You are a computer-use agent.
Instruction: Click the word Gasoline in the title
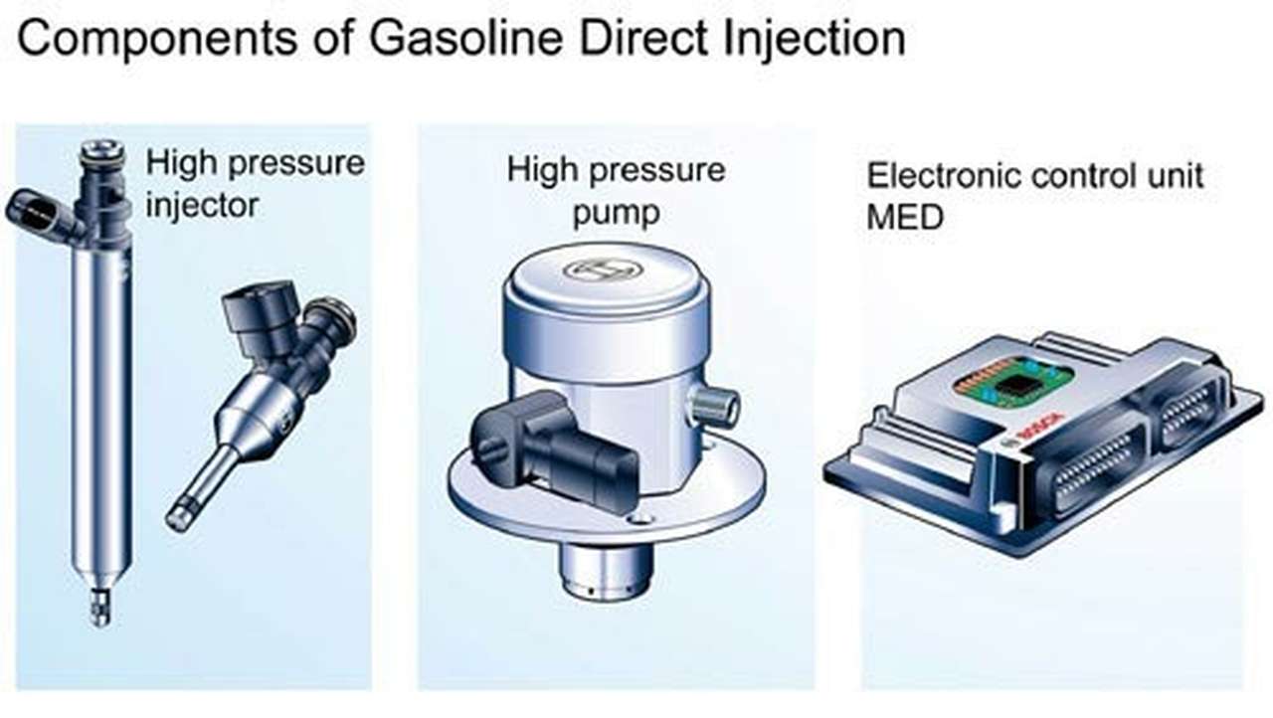coord(466,39)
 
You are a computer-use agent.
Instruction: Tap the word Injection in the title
coord(815,40)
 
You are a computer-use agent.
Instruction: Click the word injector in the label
coord(202,206)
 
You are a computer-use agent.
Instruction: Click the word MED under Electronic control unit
coord(905,217)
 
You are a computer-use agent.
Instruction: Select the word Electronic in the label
coord(944,176)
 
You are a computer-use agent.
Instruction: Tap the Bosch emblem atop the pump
coord(602,269)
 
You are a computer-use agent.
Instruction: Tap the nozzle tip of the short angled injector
coord(179,515)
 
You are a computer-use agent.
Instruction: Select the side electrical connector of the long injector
coord(41,215)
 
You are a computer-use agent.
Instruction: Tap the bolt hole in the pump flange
coord(640,519)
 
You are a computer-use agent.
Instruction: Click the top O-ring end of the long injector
coord(102,151)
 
